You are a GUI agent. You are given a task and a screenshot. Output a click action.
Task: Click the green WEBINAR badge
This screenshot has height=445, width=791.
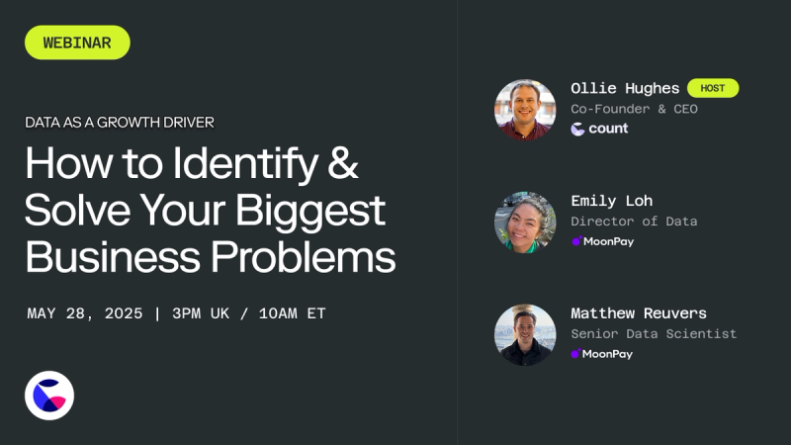tap(77, 43)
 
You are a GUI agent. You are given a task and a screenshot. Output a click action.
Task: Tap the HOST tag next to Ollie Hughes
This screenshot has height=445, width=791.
tap(713, 88)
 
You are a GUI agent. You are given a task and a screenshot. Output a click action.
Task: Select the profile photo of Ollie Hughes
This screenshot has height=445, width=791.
tap(525, 109)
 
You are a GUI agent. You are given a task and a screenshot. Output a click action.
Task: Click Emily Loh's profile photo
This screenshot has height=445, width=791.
tap(525, 222)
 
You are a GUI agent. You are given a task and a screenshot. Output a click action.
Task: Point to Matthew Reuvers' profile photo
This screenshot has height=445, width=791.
tap(525, 334)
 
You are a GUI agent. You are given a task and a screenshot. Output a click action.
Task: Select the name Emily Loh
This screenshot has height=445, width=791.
tap(611, 201)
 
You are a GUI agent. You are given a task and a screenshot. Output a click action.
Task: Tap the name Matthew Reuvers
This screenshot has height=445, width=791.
tap(639, 313)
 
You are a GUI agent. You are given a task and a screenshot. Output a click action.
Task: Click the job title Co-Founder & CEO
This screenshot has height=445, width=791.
tap(634, 109)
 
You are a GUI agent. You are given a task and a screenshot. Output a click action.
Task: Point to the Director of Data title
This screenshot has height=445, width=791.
tap(634, 222)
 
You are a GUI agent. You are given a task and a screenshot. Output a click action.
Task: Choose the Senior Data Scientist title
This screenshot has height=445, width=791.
tap(654, 334)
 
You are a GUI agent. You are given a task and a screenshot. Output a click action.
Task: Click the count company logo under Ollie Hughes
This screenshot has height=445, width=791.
tap(600, 129)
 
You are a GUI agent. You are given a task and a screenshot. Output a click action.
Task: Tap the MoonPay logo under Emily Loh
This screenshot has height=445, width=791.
tap(602, 241)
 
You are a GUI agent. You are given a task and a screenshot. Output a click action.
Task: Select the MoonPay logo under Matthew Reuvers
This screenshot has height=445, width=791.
tap(602, 354)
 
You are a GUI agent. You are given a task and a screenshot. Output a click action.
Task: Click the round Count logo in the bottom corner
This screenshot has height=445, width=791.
tap(49, 396)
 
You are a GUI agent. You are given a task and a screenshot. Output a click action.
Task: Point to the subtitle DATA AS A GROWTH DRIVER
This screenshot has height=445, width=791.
tap(120, 123)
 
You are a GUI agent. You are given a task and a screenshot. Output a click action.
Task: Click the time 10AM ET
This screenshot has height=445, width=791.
tap(291, 313)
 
